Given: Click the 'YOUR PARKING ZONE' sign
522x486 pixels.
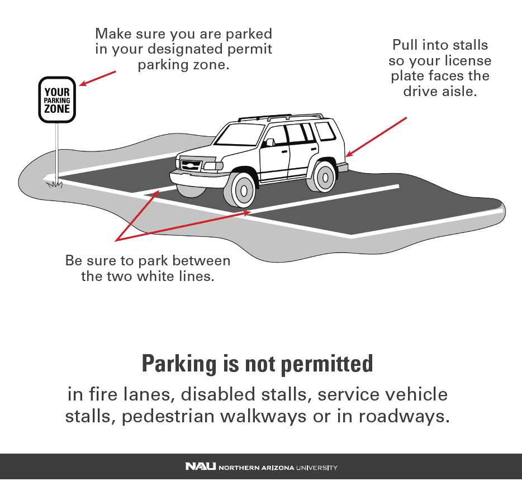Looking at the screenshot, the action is coord(57,100).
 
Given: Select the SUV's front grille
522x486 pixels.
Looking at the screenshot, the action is coord(191,165).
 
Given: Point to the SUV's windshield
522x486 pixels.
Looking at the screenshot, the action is coord(237,135).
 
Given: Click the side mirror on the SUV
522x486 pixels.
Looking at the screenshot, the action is coord(269,142).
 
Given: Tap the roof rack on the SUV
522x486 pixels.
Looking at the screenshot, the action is coord(281,117).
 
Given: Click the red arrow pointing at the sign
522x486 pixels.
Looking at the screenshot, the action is coord(98,78).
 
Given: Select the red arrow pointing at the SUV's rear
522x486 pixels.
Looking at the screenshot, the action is coord(376,137).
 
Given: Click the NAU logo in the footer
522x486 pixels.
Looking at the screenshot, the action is coord(201,466).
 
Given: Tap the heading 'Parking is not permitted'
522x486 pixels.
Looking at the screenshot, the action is coord(257,364).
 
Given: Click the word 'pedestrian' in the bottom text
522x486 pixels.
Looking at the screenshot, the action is coord(168,416).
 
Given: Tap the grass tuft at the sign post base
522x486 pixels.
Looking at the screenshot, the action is coord(54,184).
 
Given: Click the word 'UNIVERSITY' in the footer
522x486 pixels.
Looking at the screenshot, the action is coord(316,468).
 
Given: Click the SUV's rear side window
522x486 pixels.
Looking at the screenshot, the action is coord(325,131).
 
